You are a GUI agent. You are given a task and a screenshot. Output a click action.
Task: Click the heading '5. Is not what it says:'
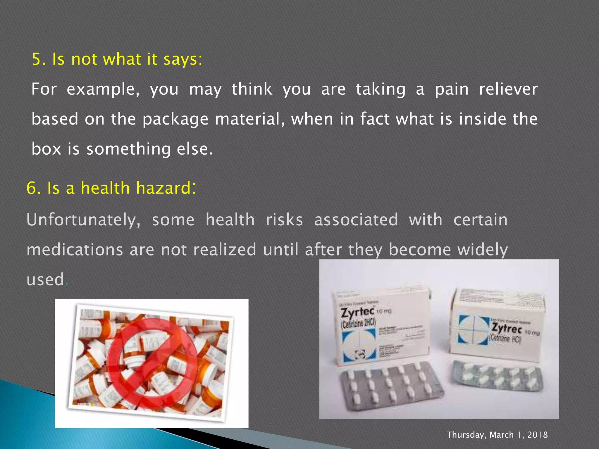point(117,59)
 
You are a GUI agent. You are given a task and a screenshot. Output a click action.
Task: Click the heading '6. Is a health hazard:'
point(111,188)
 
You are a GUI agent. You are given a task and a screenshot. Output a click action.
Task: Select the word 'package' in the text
point(175,119)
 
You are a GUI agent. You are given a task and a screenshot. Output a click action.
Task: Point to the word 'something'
point(128,149)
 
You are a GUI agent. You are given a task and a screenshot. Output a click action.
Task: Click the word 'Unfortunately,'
point(84,220)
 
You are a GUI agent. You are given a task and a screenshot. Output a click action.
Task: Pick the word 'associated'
point(356,220)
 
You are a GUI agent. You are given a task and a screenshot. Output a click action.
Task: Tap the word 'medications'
point(75,250)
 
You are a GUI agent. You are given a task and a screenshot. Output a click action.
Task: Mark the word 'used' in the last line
point(45,279)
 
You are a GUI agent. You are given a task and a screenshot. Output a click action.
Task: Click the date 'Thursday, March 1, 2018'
point(497,435)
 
